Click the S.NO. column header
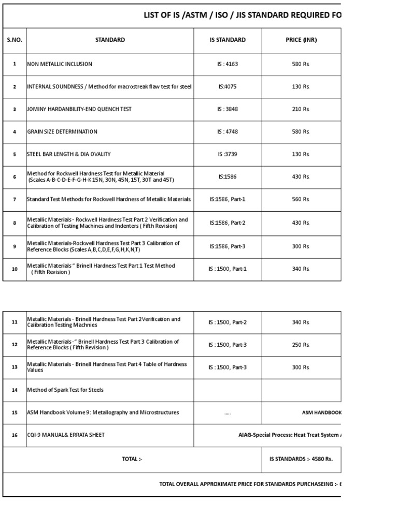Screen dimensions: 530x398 [15, 40]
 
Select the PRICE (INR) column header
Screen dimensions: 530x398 [301, 40]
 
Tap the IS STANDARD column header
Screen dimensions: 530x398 [228, 40]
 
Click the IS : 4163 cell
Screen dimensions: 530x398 [228, 64]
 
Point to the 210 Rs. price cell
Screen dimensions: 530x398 [301, 109]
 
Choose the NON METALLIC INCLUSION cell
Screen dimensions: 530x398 [60, 64]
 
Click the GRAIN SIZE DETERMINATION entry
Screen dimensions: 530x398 [62, 131]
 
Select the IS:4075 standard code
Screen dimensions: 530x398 [228, 87]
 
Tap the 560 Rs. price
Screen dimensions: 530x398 [301, 199]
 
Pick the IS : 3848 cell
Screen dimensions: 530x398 [228, 109]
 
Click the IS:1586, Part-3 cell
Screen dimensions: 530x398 [228, 246]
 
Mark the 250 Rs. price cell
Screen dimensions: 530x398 [301, 345]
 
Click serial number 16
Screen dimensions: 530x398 [15, 435]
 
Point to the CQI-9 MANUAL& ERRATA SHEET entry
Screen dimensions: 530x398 [66, 435]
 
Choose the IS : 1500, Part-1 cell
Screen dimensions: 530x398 [228, 269]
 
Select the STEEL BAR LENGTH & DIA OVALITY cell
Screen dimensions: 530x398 [69, 154]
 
